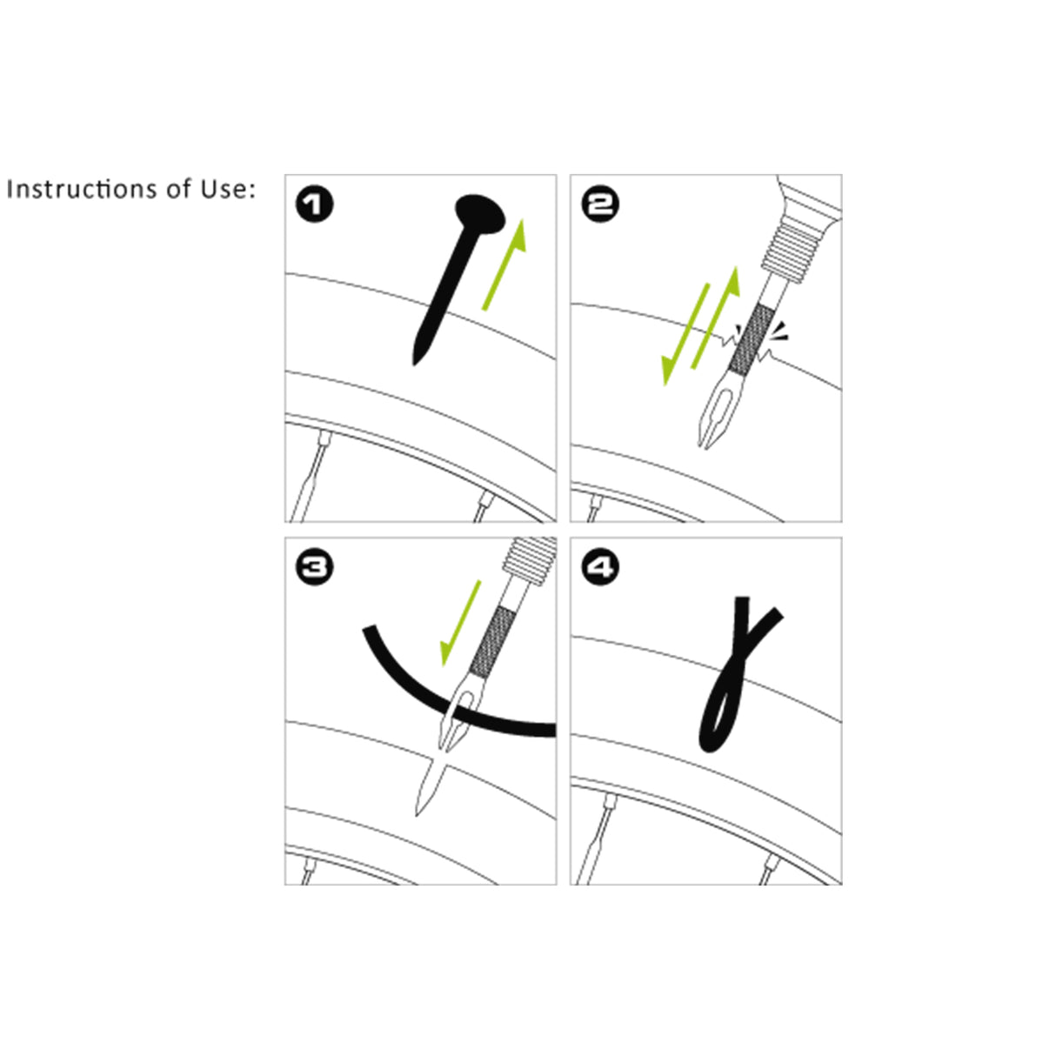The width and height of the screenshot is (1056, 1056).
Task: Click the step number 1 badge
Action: coord(315,205)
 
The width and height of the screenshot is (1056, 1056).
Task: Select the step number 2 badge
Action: coord(600,205)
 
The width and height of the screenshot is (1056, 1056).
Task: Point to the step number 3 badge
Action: coord(315,567)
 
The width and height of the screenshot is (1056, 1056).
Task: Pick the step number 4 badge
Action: coord(600,567)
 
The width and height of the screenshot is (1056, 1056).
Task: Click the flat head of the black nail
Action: coord(480,214)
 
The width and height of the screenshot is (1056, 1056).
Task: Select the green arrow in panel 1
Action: coord(505,265)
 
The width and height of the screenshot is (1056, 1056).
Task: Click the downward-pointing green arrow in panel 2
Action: coord(685,335)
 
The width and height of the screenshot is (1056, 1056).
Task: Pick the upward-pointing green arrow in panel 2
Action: coord(716,317)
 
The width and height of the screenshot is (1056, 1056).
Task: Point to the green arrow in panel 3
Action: coord(460,624)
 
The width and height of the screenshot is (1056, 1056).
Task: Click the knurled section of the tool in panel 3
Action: coord(496,642)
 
